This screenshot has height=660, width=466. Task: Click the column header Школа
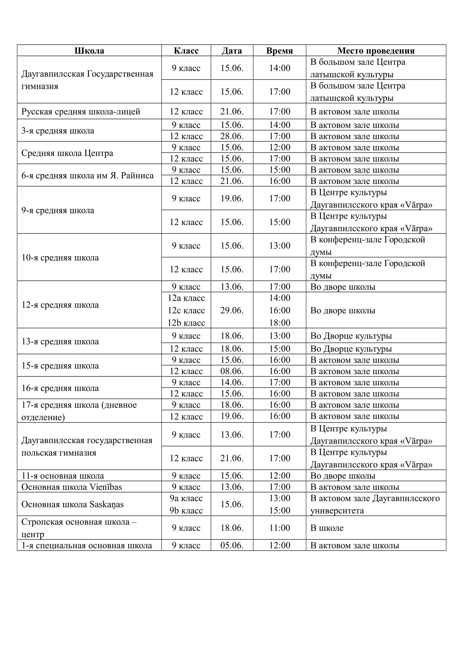pos(89,51)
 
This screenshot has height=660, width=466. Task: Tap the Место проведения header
pos(376,51)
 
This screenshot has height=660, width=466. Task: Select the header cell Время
pos(279,51)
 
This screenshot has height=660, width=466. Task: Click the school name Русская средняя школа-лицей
pos(81,111)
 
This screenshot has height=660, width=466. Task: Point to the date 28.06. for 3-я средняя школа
pos(232,136)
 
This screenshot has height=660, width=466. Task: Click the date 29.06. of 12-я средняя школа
pos(232,310)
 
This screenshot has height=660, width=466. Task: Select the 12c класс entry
pos(186,310)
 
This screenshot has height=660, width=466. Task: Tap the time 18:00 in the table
pos(279,323)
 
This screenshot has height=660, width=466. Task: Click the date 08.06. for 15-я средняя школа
pos(232,371)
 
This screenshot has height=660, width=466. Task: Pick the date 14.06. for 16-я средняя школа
pos(232,382)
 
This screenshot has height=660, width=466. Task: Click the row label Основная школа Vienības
pos(72,487)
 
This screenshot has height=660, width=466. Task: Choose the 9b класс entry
pos(186,510)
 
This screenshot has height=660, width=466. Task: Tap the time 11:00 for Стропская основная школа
pos(279,528)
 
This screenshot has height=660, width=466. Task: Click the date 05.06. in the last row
pos(232,545)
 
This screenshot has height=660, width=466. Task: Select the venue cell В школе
pos(327,528)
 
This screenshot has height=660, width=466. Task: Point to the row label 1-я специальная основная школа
pos(87,545)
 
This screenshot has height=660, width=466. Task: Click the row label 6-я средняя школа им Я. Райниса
pos(87,175)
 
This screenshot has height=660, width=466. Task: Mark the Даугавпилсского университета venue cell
pos(375,505)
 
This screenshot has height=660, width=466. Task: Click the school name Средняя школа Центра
pos(67,153)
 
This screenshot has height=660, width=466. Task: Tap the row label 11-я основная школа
pos(63,476)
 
